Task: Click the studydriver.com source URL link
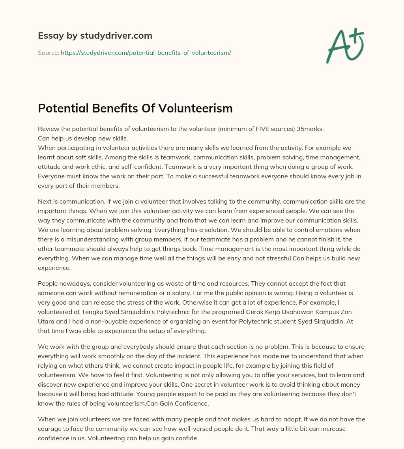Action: click(146, 52)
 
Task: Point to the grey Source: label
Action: click(48, 52)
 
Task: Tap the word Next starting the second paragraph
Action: click(45, 201)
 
